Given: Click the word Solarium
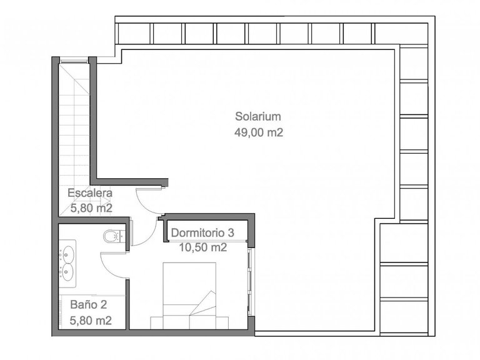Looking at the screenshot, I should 258,116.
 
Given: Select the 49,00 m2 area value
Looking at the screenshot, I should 258,132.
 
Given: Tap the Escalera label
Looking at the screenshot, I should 90,192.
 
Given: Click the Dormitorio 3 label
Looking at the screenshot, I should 202,232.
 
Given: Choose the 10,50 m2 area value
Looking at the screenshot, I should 202,247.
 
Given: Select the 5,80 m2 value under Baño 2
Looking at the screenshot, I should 91,321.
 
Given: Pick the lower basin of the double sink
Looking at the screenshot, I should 66,271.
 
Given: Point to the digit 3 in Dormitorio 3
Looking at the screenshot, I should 231,232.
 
